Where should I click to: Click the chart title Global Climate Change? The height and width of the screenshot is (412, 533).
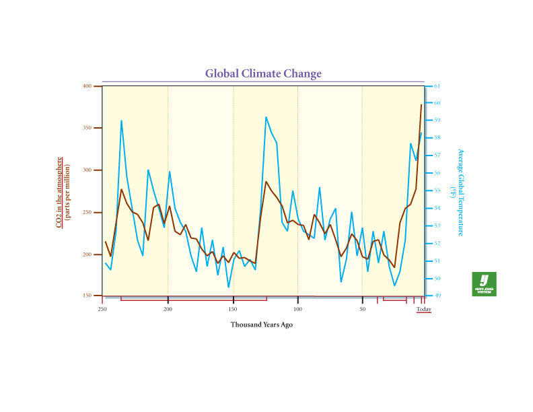[x=263, y=73]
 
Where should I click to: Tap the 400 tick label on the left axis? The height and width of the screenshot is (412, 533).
[x=87, y=86]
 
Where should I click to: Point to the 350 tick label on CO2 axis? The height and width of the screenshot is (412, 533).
[x=87, y=128]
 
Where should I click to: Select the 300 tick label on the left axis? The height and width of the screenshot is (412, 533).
[x=87, y=170]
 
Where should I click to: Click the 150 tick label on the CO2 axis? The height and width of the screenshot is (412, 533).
[x=87, y=296]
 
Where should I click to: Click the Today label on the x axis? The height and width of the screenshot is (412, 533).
[x=423, y=310]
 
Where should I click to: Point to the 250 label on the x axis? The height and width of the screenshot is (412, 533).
[x=102, y=310]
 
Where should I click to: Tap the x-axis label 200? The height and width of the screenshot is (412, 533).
[x=168, y=310]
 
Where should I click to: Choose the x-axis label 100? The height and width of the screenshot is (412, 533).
[x=297, y=310]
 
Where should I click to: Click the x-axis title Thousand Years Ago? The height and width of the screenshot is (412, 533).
[x=262, y=324]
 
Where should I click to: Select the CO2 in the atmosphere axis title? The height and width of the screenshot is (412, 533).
[x=63, y=193]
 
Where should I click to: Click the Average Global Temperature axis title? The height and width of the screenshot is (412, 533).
[x=461, y=193]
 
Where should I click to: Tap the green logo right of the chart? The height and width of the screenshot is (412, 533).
[x=484, y=284]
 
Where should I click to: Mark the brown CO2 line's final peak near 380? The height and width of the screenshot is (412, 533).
[x=421, y=105]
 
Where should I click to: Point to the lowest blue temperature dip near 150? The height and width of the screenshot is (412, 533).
[x=229, y=287]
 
